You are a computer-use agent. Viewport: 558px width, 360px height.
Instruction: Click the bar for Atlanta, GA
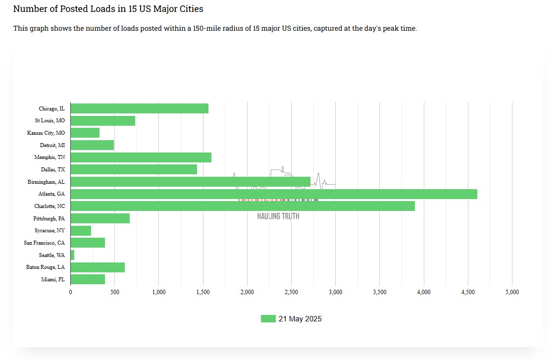(x=274, y=194)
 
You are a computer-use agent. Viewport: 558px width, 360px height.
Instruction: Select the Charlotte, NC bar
(x=243, y=206)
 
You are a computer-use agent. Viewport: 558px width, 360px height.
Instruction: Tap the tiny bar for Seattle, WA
(x=73, y=255)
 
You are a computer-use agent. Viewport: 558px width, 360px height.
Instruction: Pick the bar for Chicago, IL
(x=140, y=108)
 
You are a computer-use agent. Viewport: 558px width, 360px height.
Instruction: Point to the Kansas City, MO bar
(x=85, y=133)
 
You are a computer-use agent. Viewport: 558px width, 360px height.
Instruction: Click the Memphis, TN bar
(x=141, y=157)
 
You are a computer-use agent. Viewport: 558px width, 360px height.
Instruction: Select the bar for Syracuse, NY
(x=81, y=231)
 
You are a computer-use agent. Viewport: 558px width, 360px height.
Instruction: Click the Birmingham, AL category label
(x=46, y=182)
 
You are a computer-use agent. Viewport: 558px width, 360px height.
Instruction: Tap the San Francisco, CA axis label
(x=44, y=243)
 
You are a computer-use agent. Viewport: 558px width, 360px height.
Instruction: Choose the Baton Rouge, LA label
(x=46, y=267)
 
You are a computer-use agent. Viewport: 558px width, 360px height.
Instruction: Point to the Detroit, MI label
(x=52, y=145)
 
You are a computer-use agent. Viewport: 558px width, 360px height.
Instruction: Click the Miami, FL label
(x=53, y=279)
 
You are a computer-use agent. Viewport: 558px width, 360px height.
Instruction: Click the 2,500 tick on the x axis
(x=291, y=292)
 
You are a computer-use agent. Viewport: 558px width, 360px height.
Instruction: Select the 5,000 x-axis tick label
(x=512, y=292)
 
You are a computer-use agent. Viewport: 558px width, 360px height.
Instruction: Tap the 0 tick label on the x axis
(x=71, y=292)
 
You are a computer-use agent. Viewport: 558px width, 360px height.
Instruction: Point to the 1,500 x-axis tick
(x=203, y=292)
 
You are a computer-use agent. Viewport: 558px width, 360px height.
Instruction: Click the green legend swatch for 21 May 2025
(x=268, y=319)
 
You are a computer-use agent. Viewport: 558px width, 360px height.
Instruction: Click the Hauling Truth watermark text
(x=278, y=216)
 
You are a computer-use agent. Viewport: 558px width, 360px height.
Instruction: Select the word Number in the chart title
(x=29, y=9)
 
